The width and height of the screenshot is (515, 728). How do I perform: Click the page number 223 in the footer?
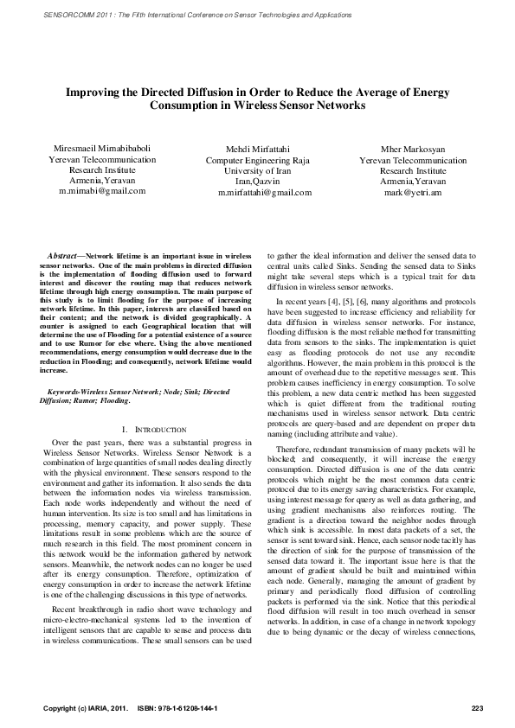click(475, 708)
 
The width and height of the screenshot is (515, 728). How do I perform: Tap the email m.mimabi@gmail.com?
click(102, 190)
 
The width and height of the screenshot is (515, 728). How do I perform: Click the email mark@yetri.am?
click(412, 193)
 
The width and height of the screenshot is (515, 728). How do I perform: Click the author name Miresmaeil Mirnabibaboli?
click(102, 149)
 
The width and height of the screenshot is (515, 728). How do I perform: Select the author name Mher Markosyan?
click(412, 150)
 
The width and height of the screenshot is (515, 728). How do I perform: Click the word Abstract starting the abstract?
click(62, 257)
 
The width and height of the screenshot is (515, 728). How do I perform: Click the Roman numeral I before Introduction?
click(127, 429)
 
